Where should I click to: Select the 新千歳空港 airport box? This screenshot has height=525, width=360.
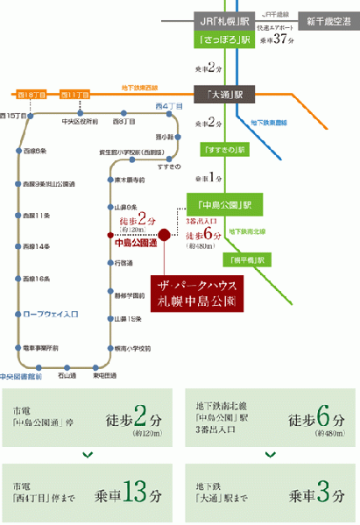328,20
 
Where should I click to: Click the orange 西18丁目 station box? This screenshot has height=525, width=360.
29,93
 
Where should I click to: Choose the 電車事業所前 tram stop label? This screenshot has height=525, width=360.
39,348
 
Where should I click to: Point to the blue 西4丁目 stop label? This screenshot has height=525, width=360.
168,107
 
